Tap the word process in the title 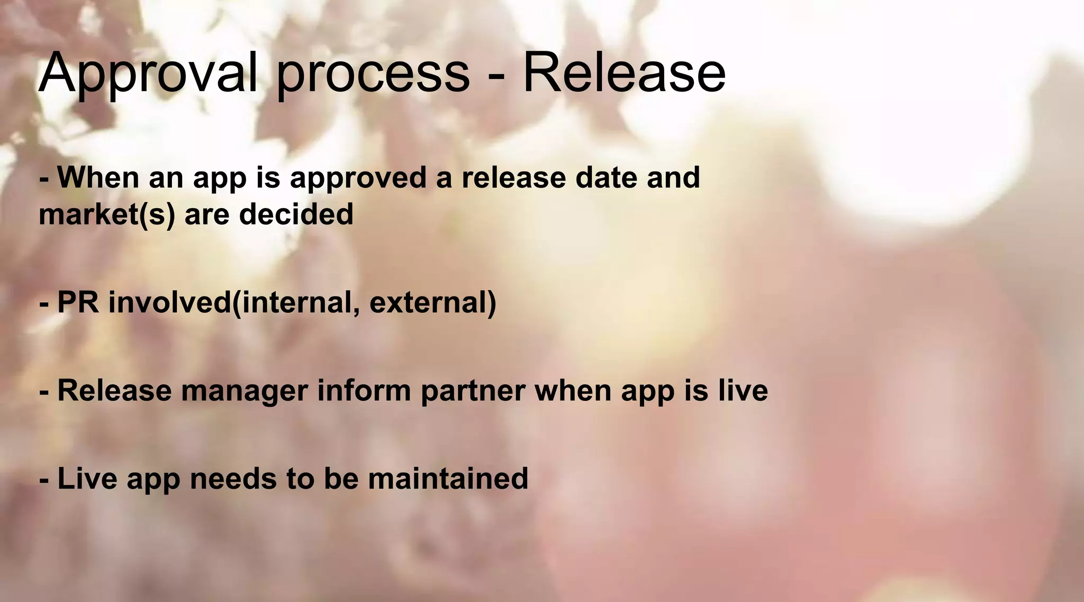[373, 74]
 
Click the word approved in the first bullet [358, 178]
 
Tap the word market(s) [106, 215]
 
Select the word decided [296, 214]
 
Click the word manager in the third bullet [245, 391]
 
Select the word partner [473, 391]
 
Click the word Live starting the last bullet [87, 479]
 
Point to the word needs [233, 479]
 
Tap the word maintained [448, 479]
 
